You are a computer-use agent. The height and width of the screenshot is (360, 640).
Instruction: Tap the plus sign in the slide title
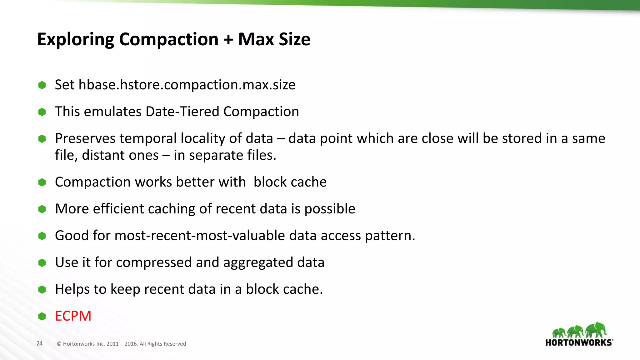[228, 40]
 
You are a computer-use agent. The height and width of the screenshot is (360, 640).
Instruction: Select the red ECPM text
[73, 316]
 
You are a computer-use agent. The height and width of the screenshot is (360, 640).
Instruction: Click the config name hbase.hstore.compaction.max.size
[187, 85]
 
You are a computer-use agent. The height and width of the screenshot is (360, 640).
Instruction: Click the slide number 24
[39, 343]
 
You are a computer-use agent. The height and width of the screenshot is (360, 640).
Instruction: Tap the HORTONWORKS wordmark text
[579, 342]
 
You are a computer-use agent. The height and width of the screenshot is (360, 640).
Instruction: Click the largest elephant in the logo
[596, 330]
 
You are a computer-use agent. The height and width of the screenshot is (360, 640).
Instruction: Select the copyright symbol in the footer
[59, 344]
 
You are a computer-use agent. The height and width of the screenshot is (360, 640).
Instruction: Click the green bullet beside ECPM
[42, 316]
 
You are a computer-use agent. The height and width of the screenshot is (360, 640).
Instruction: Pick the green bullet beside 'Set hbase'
[42, 85]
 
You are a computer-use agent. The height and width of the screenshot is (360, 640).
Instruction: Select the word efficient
[118, 209]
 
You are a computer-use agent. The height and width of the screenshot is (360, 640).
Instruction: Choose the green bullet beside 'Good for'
[42, 236]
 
